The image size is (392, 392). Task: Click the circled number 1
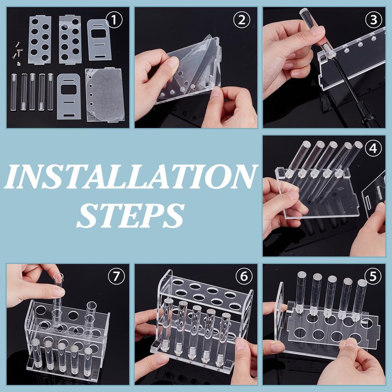tap(114, 20)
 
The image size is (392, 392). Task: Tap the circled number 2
tap(242, 20)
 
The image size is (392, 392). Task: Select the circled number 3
tap(374, 20)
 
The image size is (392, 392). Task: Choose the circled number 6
tap(244, 276)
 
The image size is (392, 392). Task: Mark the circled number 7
tap(116, 276)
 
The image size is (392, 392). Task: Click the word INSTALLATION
tap(131, 177)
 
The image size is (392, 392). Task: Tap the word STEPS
tap(130, 215)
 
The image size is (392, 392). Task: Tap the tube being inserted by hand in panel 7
tap(58, 300)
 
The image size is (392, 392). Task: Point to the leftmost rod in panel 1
tap(13, 92)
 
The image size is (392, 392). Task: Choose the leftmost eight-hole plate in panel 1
tap(40, 40)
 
